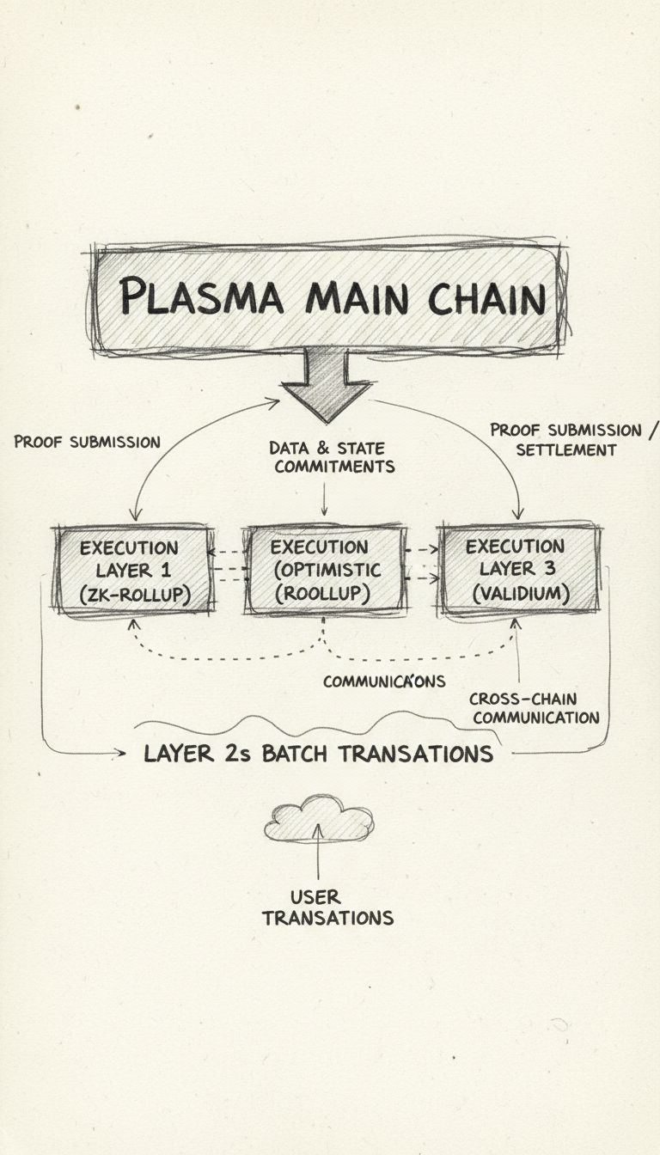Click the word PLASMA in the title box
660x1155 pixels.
click(x=201, y=298)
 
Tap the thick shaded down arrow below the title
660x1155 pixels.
click(x=327, y=384)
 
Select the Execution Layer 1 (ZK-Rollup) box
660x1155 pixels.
click(x=132, y=569)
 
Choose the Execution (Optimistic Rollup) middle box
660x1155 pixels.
click(x=325, y=570)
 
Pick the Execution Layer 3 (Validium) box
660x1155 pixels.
click(x=518, y=569)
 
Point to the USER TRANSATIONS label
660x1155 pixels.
click(x=327, y=907)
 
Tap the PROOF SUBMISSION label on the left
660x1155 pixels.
click(x=87, y=442)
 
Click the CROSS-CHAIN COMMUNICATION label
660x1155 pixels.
click(x=535, y=708)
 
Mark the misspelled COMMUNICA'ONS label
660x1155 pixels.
click(x=384, y=681)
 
